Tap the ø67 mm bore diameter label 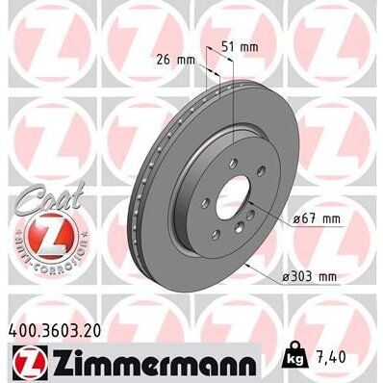(x=314, y=219)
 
